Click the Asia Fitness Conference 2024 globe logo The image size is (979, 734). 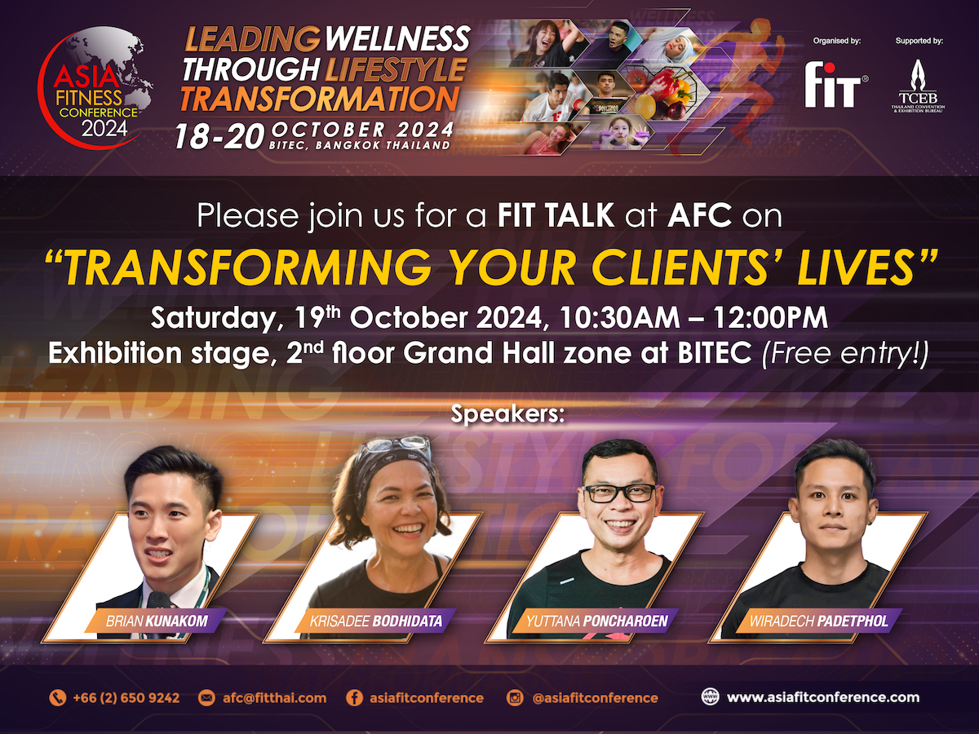click(x=95, y=87)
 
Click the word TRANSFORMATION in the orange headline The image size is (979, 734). click(x=320, y=99)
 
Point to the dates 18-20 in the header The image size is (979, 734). click(x=219, y=136)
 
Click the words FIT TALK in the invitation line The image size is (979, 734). click(x=556, y=215)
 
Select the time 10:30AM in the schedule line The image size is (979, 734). click(x=619, y=318)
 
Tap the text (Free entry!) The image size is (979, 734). click(x=844, y=353)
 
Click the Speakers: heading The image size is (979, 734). click(x=507, y=414)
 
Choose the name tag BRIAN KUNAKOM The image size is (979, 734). click(x=157, y=621)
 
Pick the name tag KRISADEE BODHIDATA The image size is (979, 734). click(x=375, y=621)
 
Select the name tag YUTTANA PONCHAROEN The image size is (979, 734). click(x=596, y=621)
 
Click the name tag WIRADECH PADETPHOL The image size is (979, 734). click(x=818, y=621)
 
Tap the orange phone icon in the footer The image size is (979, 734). click(x=58, y=697)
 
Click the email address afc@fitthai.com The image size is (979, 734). click(x=274, y=697)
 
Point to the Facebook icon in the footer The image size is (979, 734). click(x=354, y=697)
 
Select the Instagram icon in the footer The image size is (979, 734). click(x=514, y=697)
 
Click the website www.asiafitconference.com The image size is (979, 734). click(x=823, y=697)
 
